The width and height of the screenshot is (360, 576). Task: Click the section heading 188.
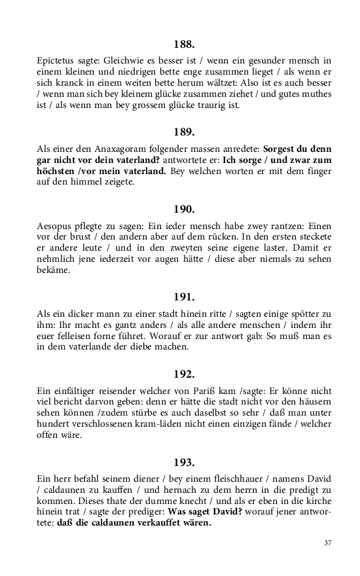(184, 45)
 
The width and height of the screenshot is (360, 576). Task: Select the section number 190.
(184, 209)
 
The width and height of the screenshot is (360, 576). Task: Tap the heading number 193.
(184, 462)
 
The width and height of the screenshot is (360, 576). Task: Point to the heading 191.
(184, 297)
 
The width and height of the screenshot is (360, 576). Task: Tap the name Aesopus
(56, 226)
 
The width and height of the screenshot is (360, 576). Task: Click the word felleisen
(79, 336)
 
